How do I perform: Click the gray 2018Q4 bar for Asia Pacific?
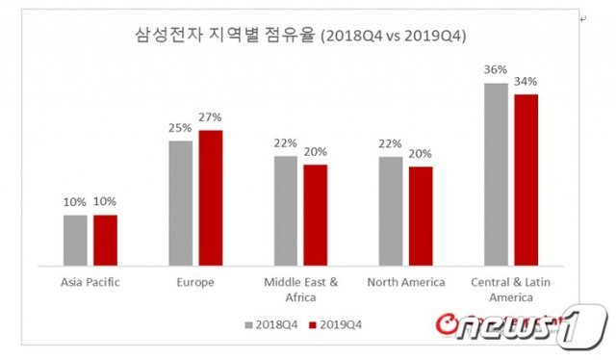75,240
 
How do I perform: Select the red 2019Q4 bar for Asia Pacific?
105,240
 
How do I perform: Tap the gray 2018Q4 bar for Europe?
181,203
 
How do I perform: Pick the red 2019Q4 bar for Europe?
211,198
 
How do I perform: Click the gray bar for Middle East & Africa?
286,211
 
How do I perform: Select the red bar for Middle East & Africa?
316,215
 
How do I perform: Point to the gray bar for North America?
391,211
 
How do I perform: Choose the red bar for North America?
421,217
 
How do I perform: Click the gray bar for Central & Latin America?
497,174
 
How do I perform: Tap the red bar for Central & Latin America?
526,180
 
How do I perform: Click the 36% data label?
496,70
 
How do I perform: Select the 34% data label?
526,82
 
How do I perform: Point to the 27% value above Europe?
210,117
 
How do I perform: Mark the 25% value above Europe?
180,128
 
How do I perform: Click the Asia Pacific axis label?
90,282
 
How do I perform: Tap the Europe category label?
195,282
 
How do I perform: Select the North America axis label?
406,282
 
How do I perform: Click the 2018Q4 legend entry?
271,325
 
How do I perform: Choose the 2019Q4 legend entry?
336,325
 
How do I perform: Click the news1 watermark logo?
522,325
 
